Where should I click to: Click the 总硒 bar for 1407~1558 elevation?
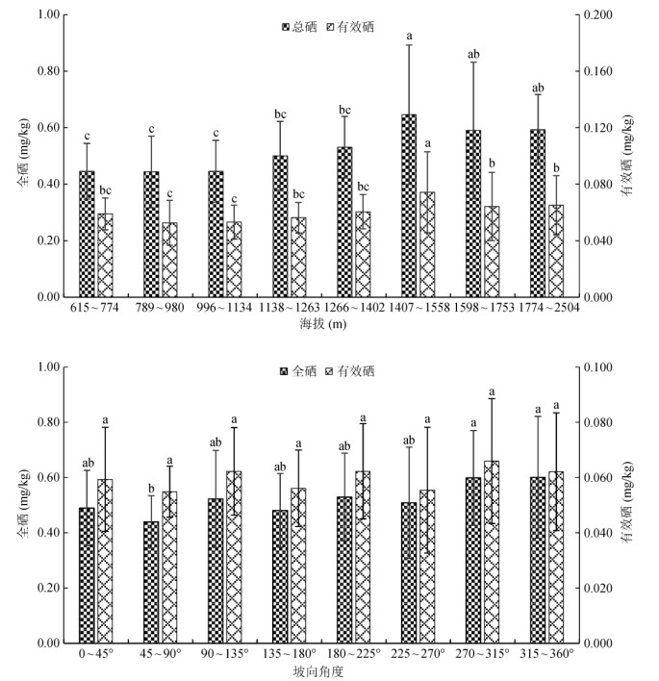tap(409, 206)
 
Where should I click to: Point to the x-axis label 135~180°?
tap(289, 653)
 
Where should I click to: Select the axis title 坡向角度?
tap(322, 668)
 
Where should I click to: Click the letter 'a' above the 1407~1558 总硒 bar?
tap(409, 37)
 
